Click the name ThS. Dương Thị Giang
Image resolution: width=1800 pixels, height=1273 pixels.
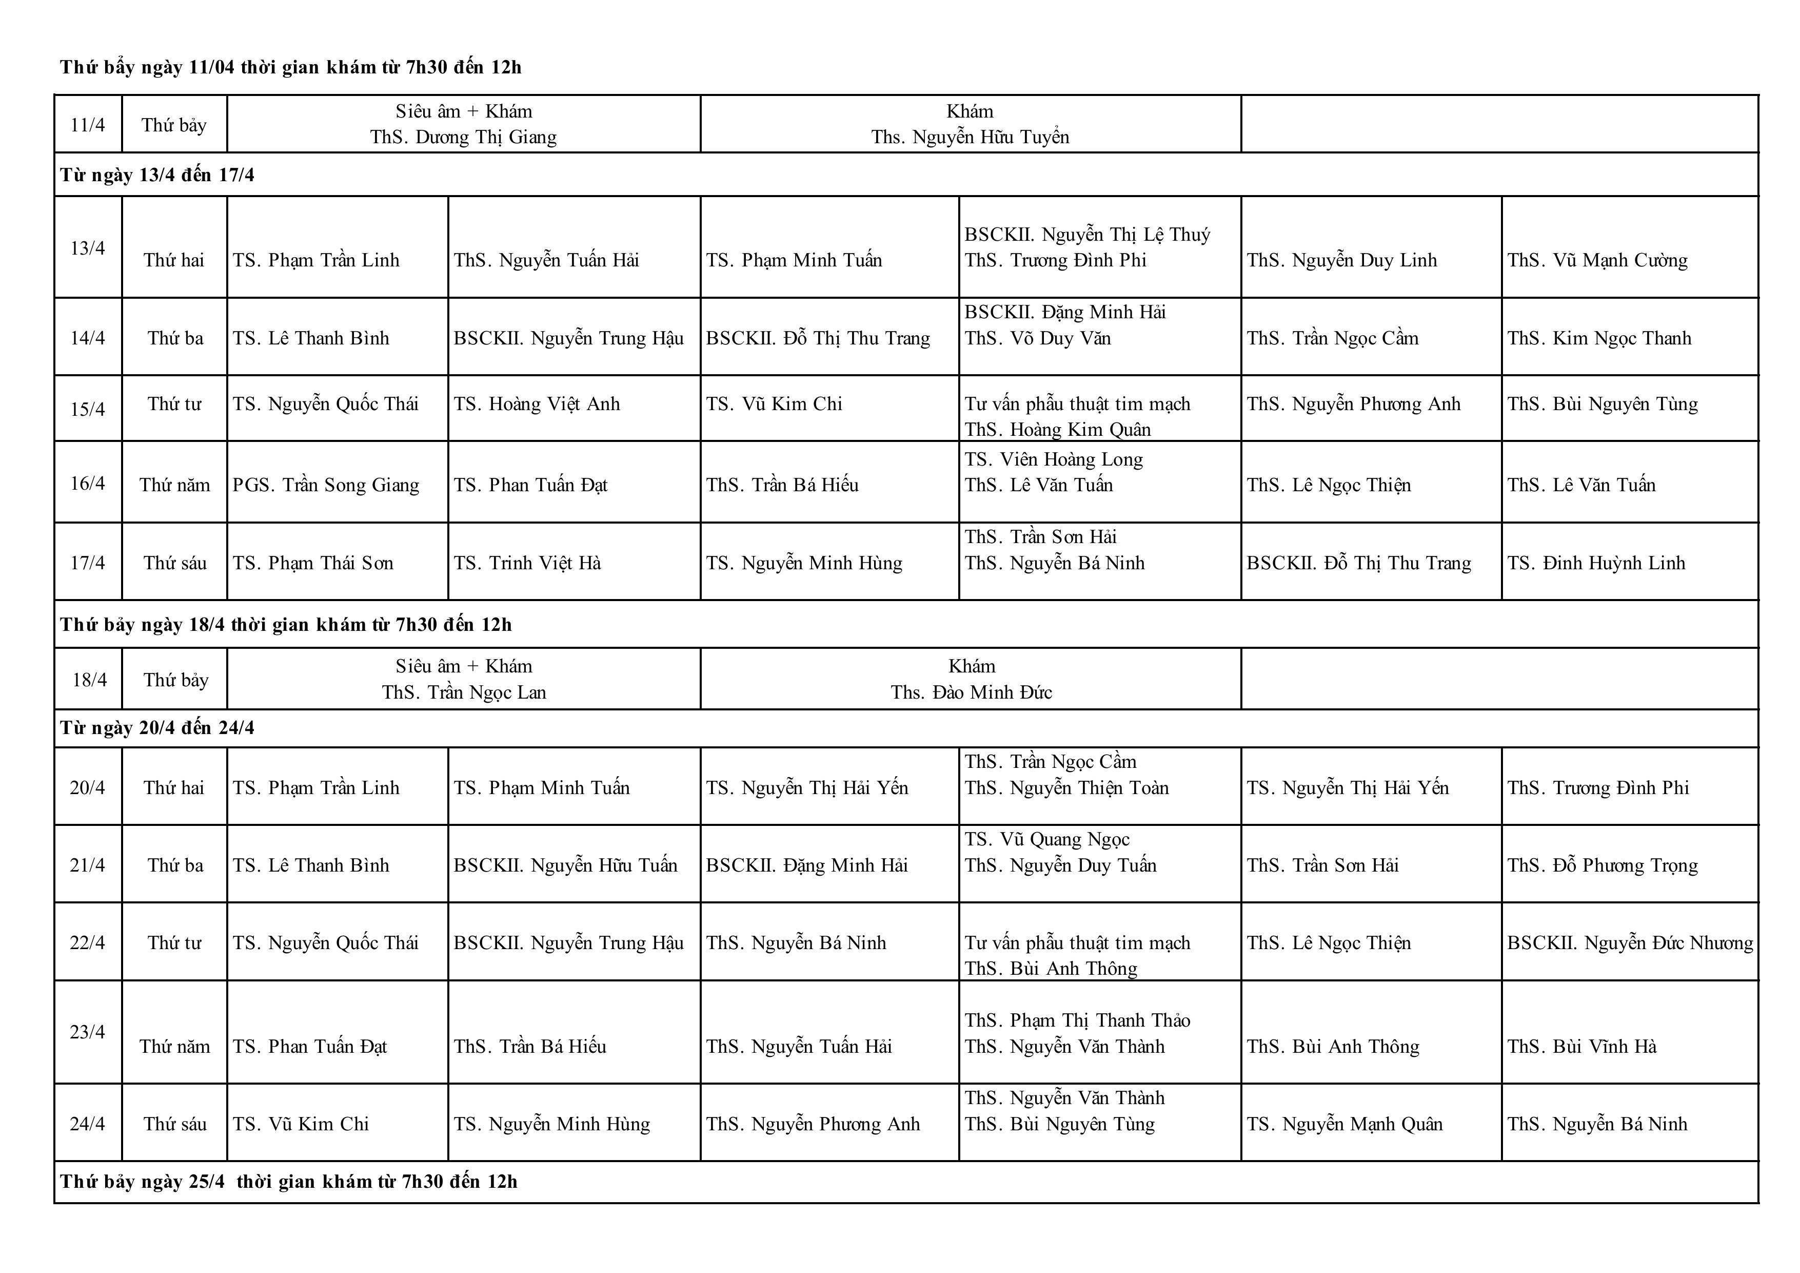pos(463,137)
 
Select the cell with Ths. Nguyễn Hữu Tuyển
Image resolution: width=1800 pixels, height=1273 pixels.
pos(970,137)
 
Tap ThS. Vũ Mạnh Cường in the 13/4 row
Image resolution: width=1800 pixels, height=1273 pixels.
pos(1597,260)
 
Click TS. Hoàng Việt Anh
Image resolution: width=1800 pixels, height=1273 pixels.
pos(536,404)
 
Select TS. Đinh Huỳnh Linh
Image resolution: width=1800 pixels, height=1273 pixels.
pos(1595,563)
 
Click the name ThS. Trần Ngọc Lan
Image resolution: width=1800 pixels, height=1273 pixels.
pos(464,692)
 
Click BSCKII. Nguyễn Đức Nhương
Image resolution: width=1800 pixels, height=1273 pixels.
pos(1629,943)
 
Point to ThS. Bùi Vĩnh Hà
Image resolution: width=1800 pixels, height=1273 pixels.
pos(1581,1046)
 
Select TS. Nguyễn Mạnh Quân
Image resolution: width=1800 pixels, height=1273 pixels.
pos(1344,1124)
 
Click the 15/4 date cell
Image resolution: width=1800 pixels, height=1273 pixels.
pos(88,409)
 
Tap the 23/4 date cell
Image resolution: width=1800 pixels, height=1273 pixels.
pos(87,1031)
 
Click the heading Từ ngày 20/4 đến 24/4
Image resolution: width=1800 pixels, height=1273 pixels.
pos(157,728)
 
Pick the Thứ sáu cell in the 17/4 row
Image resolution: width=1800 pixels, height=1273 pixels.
pos(175,563)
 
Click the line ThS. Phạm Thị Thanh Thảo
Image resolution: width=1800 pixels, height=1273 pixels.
pos(1077,1020)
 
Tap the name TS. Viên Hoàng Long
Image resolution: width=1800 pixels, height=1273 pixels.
pos(1053,459)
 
